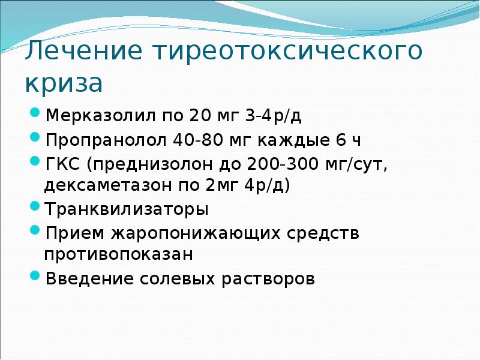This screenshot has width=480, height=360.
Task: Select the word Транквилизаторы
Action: (127, 209)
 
